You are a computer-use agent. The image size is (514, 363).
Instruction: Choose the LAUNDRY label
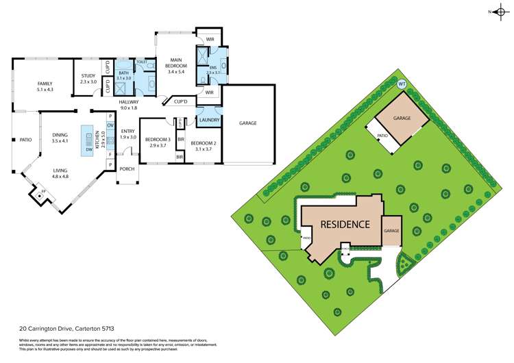coord(208,119)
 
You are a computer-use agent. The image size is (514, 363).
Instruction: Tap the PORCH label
coord(127,168)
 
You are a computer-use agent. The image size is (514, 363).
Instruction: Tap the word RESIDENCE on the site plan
coord(346,224)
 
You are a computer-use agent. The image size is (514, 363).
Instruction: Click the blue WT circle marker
coord(402,84)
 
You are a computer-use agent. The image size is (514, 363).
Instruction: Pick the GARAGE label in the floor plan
coord(247,123)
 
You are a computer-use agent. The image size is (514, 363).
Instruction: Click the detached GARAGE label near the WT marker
coord(402,118)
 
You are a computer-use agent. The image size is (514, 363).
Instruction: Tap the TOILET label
coord(141,62)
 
